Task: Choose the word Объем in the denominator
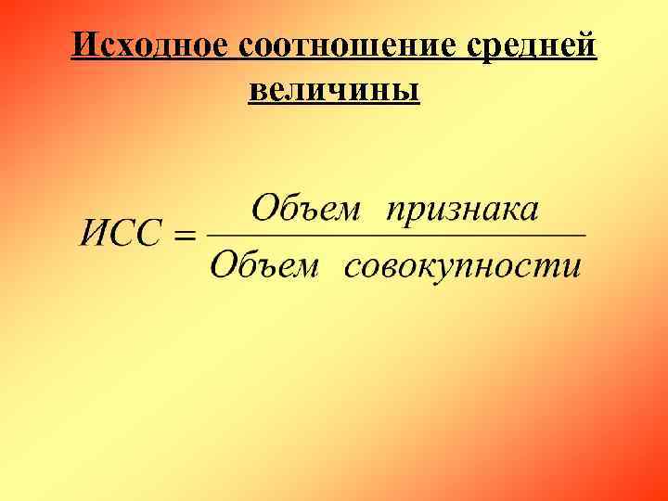[264, 265]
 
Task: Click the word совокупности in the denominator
[463, 266]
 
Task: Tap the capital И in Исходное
[85, 44]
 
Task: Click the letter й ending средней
[585, 45]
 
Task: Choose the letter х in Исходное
[127, 46]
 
